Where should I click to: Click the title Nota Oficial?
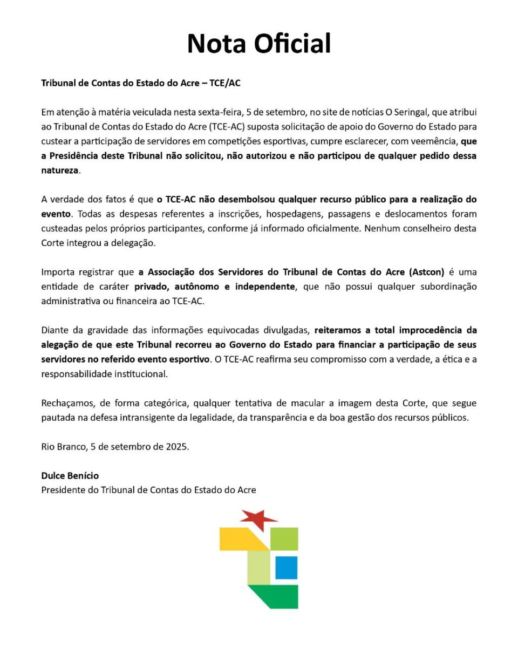pos(259,44)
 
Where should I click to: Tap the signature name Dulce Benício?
pos(70,476)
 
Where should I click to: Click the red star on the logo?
pos(258,519)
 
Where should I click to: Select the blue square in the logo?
pos(286,567)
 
